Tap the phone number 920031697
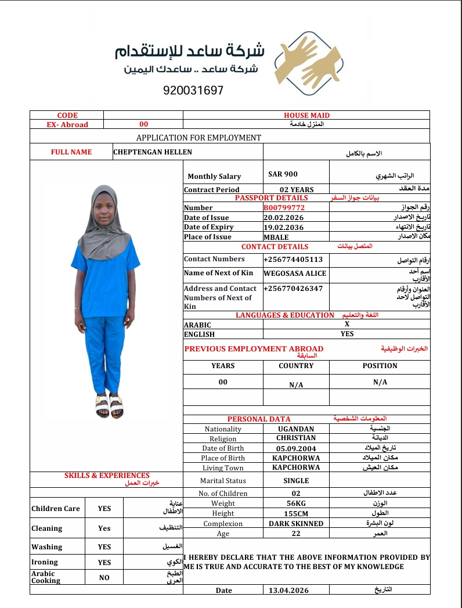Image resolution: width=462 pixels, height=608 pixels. (193, 91)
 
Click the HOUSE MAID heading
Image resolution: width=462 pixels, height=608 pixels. (306, 116)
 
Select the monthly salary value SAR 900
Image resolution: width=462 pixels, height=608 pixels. (283, 174)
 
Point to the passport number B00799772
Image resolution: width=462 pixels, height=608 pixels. (284, 207)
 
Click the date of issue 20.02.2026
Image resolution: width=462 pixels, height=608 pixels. (283, 217)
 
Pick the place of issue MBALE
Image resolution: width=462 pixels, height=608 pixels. (276, 237)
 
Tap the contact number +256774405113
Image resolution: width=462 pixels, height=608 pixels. (293, 259)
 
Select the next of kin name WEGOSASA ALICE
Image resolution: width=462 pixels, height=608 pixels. (295, 273)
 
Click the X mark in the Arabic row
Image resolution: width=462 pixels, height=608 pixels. (346, 325)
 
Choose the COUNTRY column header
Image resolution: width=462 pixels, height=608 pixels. (296, 366)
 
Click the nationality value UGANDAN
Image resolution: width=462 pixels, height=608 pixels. (296, 429)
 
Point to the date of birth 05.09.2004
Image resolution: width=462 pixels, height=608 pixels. (296, 448)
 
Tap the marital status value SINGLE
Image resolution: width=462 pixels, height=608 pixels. (296, 481)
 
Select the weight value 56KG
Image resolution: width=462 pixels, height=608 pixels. (296, 503)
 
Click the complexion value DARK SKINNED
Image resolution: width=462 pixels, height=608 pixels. (296, 523)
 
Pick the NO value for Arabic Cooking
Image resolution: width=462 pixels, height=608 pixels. (104, 578)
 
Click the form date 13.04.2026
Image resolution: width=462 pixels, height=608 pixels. (288, 590)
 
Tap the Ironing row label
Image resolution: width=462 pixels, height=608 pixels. (45, 562)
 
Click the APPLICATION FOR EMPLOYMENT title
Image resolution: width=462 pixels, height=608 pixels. (198, 138)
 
